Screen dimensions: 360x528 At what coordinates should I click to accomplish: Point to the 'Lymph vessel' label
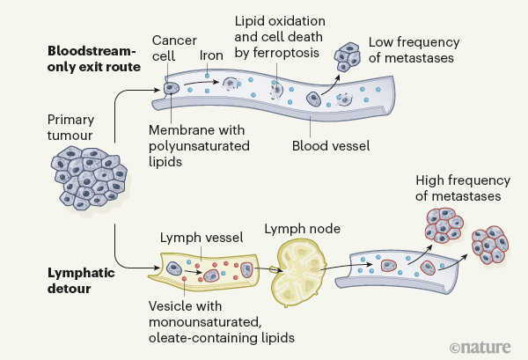coord(194,238)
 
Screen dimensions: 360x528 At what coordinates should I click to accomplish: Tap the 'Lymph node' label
coord(302,229)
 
